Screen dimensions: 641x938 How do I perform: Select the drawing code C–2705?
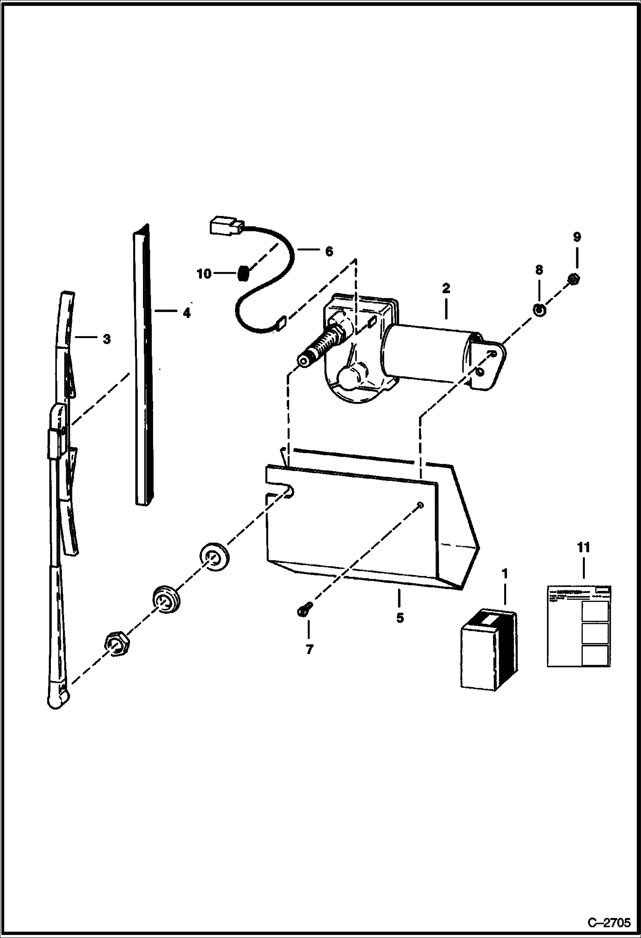point(609,922)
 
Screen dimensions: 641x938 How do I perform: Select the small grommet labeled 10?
point(243,273)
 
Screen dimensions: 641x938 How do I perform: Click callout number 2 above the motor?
point(446,288)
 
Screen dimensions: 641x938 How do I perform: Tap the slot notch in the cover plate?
point(286,492)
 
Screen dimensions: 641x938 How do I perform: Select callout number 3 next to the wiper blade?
point(107,339)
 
